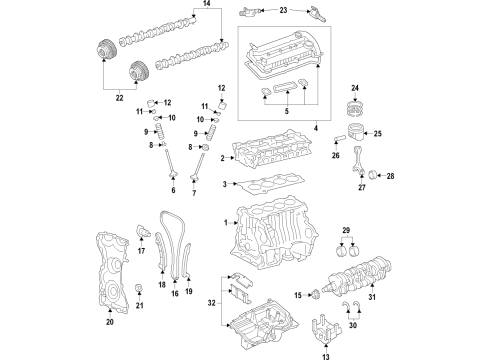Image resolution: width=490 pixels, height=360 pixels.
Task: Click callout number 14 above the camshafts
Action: click(208, 5)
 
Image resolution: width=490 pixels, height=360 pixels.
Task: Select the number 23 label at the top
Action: click(282, 10)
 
